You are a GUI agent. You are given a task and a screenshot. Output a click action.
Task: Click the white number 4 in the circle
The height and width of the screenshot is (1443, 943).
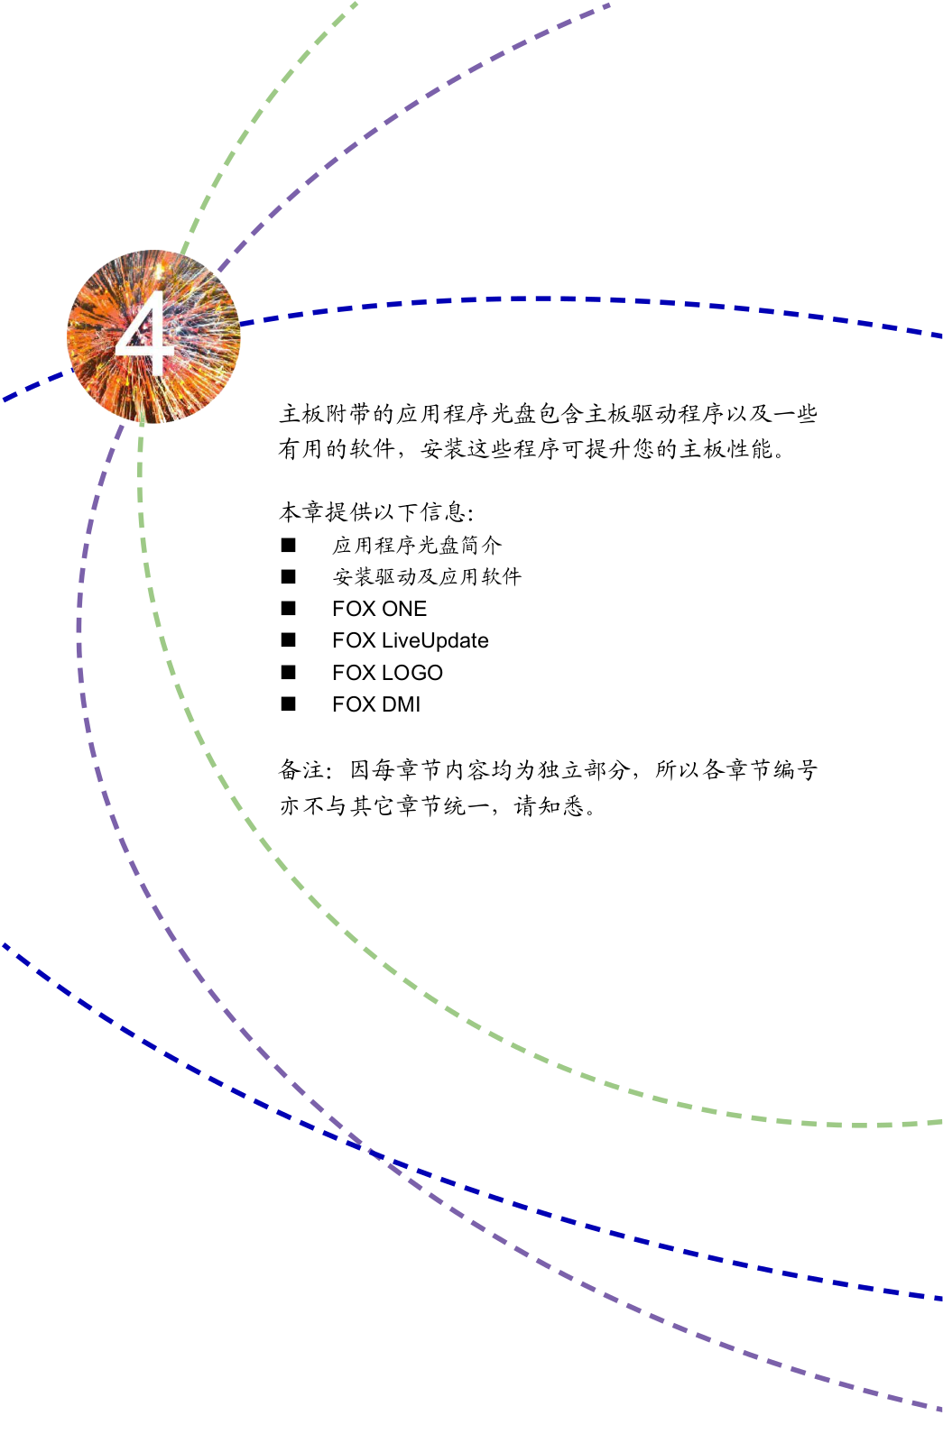145,333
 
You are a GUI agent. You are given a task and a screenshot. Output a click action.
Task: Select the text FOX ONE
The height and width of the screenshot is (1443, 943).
379,609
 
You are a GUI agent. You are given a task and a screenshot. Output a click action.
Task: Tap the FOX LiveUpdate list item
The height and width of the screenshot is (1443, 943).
410,640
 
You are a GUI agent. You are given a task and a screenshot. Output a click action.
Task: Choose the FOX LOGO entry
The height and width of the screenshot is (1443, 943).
387,673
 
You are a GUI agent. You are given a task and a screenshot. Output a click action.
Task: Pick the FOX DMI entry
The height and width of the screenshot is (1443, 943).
375,704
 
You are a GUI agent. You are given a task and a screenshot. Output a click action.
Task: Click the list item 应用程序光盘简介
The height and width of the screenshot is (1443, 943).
416,545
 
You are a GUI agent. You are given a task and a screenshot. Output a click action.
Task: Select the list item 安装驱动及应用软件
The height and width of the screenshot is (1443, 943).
427,576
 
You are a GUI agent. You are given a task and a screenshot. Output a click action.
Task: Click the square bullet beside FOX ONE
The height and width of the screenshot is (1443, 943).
289,609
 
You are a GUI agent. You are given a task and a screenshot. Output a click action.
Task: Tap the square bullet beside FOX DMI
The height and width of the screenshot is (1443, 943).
289,704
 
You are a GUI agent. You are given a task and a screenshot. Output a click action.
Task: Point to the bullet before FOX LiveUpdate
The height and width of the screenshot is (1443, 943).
289,640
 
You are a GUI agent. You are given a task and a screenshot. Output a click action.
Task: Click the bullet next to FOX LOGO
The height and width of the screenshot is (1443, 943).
289,673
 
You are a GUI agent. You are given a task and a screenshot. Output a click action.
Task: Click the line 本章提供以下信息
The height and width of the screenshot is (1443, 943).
375,512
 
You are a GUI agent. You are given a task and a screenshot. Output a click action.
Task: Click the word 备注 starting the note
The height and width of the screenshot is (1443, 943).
302,769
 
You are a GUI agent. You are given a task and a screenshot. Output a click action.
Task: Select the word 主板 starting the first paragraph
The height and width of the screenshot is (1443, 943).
302,414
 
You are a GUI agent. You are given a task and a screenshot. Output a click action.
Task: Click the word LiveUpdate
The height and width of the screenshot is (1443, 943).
435,640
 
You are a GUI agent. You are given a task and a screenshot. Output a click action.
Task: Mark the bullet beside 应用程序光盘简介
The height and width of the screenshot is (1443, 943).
289,545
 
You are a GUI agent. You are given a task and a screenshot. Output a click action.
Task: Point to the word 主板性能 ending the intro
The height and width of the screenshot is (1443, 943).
726,449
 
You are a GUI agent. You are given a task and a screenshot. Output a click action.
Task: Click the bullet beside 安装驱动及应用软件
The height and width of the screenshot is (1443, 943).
289,576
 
